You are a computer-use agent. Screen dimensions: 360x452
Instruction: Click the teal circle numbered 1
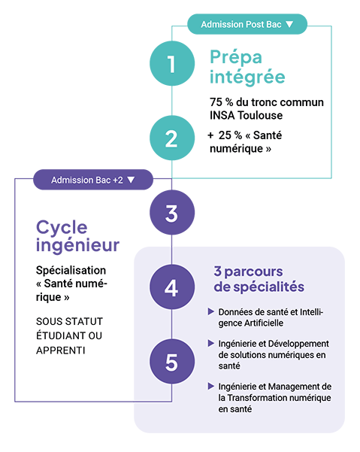[172, 63]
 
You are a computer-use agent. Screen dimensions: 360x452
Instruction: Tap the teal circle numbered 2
[172, 138]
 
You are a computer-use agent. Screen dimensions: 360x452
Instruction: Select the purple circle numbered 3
[172, 212]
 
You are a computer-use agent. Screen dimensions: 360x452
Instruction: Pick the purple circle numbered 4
[172, 287]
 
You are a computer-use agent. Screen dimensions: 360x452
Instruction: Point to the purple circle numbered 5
[172, 362]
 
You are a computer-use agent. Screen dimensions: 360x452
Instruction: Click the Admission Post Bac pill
[247, 24]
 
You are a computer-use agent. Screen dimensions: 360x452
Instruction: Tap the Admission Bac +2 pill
[93, 180]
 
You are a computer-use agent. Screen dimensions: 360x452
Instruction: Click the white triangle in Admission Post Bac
[289, 24]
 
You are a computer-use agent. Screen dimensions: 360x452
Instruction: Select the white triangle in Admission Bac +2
[131, 180]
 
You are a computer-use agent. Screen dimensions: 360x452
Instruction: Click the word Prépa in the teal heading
[236, 57]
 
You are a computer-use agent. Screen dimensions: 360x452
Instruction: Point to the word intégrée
[247, 77]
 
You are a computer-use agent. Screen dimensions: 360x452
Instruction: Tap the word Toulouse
[260, 115]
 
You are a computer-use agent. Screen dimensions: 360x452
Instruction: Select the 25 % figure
[230, 135]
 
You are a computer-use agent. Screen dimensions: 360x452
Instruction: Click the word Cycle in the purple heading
[62, 229]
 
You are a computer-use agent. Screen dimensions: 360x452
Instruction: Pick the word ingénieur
[77, 246]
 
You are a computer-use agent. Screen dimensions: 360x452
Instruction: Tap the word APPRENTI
[61, 350]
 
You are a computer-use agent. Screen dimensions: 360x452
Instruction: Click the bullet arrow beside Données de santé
[211, 311]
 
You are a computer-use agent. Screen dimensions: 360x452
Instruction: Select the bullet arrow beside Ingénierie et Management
[211, 387]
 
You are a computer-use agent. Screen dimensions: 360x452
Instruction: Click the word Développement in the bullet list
[298, 344]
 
